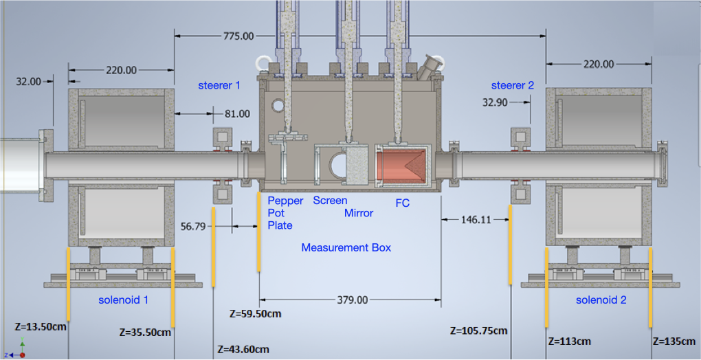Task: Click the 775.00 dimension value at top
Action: tap(238, 36)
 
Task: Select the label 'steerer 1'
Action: tap(219, 86)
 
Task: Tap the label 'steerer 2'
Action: tap(512, 86)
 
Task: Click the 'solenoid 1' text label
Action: tap(123, 300)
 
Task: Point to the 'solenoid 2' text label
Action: tap(601, 300)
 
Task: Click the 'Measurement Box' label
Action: tap(346, 247)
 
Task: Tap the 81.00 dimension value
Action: tap(237, 114)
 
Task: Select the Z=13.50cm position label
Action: tap(41, 326)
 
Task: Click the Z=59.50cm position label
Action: tap(255, 314)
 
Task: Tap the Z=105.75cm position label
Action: tap(479, 330)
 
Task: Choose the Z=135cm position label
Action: tap(676, 341)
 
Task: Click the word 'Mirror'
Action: tap(359, 213)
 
